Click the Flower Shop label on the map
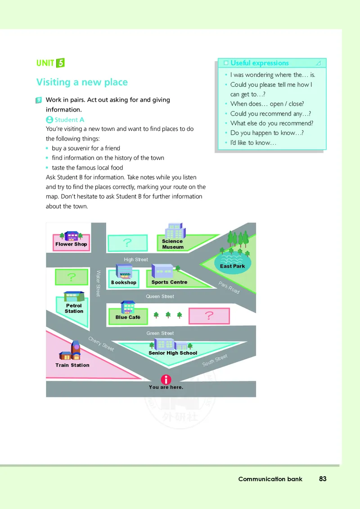tap(71, 244)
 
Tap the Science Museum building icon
tap(174, 231)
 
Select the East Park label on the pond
tap(233, 266)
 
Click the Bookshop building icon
tap(124, 272)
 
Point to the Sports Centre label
tap(169, 282)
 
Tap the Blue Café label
tap(128, 317)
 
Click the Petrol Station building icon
tap(74, 296)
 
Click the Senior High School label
tap(173, 353)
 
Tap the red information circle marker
tap(166, 379)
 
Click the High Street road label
tap(136, 259)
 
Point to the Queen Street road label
tap(160, 297)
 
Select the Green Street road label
tap(160, 333)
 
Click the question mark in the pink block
tap(209, 316)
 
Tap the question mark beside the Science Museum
tap(127, 243)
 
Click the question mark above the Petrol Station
tap(71, 277)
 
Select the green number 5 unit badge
tap(61, 63)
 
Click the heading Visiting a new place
tap(82, 82)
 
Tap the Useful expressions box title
tap(259, 63)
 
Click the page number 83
tap(323, 479)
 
